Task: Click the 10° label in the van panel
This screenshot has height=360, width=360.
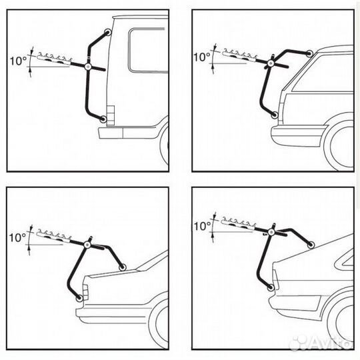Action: tap(18, 61)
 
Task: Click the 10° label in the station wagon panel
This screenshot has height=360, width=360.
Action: tap(202, 57)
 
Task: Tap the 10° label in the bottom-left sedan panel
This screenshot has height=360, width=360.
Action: tap(17, 237)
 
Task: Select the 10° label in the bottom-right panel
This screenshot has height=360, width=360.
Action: tap(202, 226)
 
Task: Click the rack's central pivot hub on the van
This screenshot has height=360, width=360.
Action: tap(88, 67)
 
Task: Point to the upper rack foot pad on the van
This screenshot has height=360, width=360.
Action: tap(108, 32)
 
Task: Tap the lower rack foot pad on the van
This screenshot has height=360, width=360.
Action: tap(103, 119)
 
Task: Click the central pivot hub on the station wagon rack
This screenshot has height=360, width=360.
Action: tap(270, 63)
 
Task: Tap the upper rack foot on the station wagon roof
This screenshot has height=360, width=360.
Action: tap(309, 54)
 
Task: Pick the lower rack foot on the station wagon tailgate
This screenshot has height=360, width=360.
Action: tap(274, 115)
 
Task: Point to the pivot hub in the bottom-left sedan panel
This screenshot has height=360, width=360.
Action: tap(87, 245)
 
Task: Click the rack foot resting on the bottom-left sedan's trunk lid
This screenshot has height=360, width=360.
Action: tap(123, 267)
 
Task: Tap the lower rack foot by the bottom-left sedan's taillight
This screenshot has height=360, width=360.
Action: tap(79, 298)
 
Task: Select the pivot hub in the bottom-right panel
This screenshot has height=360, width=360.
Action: tap(271, 233)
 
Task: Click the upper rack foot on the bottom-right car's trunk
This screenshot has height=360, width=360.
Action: tap(311, 245)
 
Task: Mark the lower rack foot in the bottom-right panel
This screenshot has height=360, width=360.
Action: tap(271, 287)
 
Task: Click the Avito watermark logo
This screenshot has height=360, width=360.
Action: tap(321, 343)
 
